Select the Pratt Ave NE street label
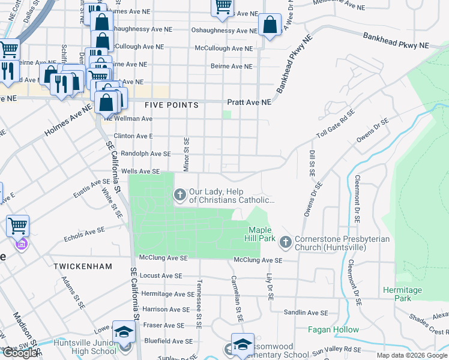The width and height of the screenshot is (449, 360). (x=249, y=103)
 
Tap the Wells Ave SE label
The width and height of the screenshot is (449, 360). (x=140, y=172)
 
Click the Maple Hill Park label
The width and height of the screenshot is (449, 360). (x=261, y=235)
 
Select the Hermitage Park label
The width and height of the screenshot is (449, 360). (x=402, y=294)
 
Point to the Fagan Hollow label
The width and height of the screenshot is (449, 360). (x=333, y=329)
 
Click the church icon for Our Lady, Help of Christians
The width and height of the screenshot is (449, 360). (x=179, y=195)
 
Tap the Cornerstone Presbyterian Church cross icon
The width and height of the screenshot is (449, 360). (x=285, y=243)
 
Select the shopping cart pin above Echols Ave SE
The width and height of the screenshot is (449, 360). (x=17, y=226)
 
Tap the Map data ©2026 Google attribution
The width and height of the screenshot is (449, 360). (x=412, y=355)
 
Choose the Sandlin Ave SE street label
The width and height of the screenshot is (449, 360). (x=306, y=313)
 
